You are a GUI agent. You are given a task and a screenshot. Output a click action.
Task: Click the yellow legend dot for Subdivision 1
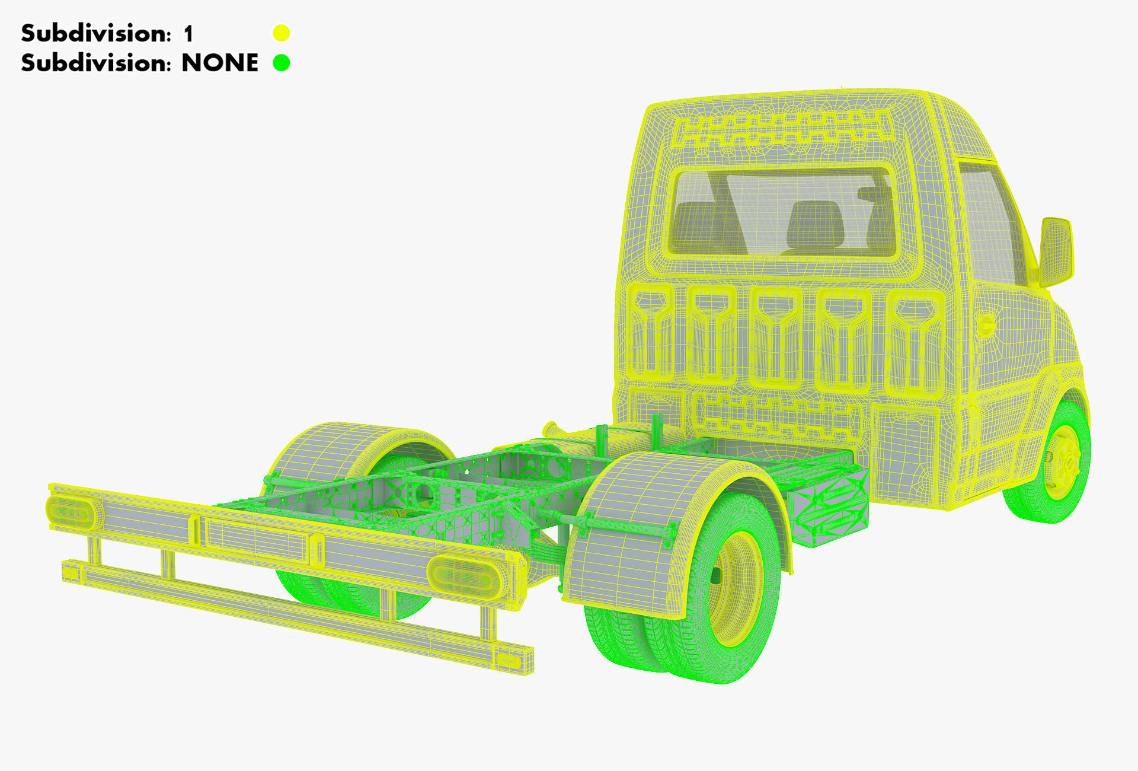coord(281,33)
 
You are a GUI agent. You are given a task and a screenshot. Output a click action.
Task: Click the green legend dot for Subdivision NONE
coord(281,63)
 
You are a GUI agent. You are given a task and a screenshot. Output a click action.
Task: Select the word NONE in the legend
coord(219,63)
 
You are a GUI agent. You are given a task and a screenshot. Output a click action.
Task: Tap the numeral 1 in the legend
coord(188,34)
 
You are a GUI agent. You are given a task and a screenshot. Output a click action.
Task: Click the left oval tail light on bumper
coord(71,512)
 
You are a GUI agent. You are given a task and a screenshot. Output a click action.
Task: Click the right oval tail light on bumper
coord(466,575)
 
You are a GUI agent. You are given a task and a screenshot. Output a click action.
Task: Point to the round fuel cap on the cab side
coord(985,326)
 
